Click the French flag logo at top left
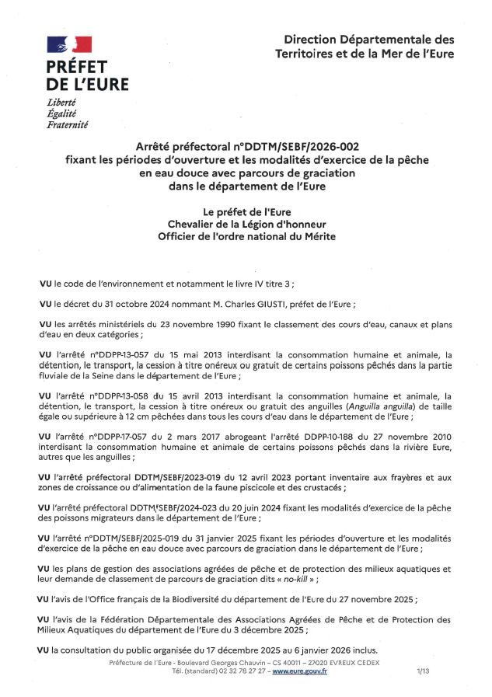pyautogui.click(x=70, y=45)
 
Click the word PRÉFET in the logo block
pyautogui.click(x=76, y=67)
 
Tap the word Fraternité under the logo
pyautogui.click(x=68, y=124)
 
